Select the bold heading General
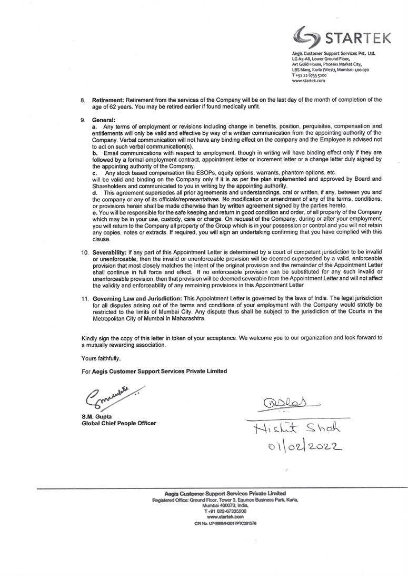[103, 120]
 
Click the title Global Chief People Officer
[119, 424]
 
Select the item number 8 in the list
[83, 99]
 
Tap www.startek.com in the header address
[309, 81]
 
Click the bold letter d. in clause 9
[95, 192]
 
